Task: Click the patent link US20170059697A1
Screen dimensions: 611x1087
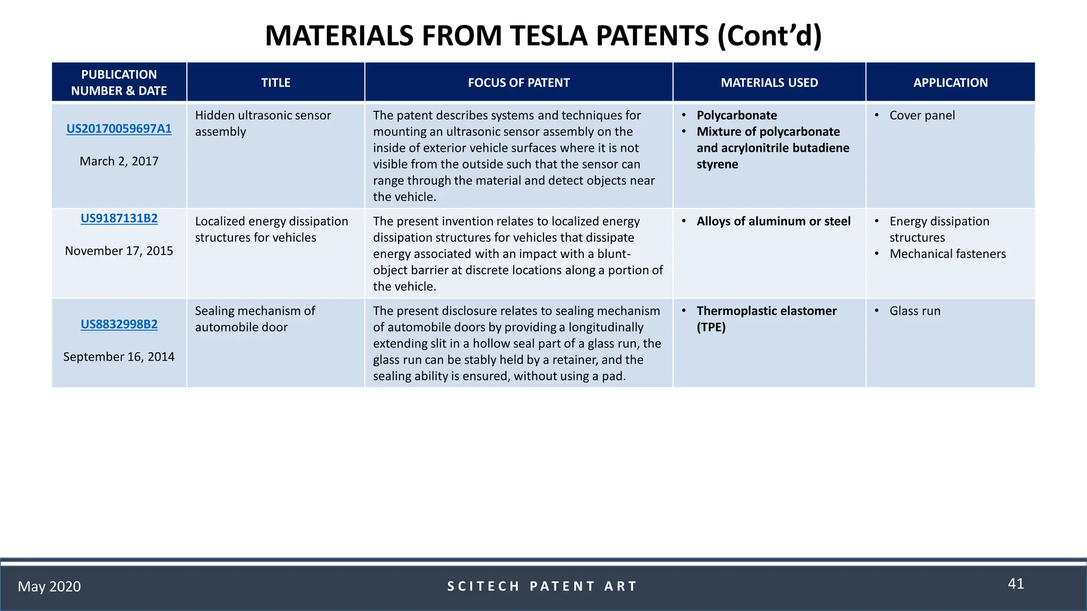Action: pyautogui.click(x=119, y=129)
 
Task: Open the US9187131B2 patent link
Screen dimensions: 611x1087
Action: pyautogui.click(x=119, y=219)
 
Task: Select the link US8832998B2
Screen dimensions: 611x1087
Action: pyautogui.click(x=119, y=324)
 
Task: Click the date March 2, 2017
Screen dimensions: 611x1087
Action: pyautogui.click(x=119, y=161)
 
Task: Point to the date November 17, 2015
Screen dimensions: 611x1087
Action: pyautogui.click(x=119, y=251)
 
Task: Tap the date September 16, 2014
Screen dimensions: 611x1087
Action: pyautogui.click(x=119, y=357)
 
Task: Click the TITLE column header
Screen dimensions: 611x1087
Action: pyautogui.click(x=275, y=83)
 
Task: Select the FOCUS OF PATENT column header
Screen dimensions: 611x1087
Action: pyautogui.click(x=519, y=83)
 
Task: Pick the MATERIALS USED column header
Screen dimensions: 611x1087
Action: pyautogui.click(x=769, y=83)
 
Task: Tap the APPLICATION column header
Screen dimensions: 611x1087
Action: pyautogui.click(x=950, y=83)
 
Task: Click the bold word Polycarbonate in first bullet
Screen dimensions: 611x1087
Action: pyautogui.click(x=737, y=116)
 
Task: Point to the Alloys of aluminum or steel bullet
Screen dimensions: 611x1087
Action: pyautogui.click(x=773, y=222)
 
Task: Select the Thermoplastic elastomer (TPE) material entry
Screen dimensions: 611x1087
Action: pyautogui.click(x=766, y=318)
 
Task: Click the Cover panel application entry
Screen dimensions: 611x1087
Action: pyautogui.click(x=922, y=116)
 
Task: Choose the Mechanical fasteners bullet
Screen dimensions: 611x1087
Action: pyautogui.click(x=947, y=254)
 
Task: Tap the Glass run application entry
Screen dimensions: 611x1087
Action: pyautogui.click(x=915, y=311)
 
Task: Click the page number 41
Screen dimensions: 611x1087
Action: pyautogui.click(x=1015, y=584)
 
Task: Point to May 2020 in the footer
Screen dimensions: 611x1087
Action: pyautogui.click(x=49, y=587)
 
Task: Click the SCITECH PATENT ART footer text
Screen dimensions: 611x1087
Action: pyautogui.click(x=542, y=587)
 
